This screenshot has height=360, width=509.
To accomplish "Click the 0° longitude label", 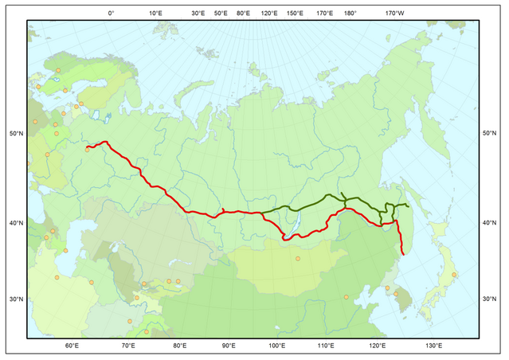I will (111, 14).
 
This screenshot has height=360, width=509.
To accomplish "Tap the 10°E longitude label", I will (155, 14).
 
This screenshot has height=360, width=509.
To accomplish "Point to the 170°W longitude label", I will (394, 14).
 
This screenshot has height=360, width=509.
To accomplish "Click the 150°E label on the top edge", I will (295, 14).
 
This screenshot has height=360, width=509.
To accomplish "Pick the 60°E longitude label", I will (71, 346).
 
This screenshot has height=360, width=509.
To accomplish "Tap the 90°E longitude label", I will (228, 346).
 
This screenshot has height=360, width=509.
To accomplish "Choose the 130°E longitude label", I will (434, 346).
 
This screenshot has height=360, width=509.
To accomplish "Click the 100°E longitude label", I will (277, 346).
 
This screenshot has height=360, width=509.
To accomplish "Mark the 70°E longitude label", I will (127, 346).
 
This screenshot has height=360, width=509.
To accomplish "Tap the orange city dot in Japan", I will (454, 275).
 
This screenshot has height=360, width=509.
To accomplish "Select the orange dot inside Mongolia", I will (298, 259).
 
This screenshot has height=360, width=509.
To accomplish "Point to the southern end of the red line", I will (404, 255).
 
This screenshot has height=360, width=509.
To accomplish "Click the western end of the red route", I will (88, 148).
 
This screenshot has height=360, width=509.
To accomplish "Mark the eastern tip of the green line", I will (408, 205).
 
